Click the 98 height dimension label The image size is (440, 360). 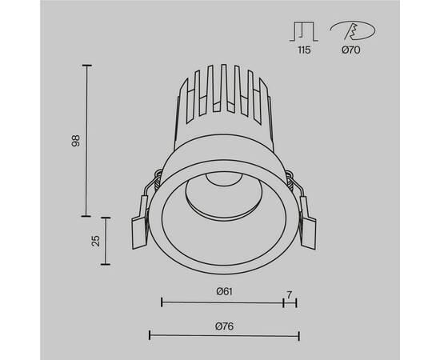(76, 140)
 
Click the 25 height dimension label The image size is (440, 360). (96, 241)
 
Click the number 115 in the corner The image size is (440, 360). (302, 50)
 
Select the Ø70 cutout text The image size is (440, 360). (350, 50)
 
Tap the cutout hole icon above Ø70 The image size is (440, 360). (350, 30)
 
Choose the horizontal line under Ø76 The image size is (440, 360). (224, 335)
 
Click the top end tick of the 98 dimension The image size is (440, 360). (87, 65)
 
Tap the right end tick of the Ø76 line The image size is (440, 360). (298, 335)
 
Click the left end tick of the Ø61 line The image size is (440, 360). (162, 302)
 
